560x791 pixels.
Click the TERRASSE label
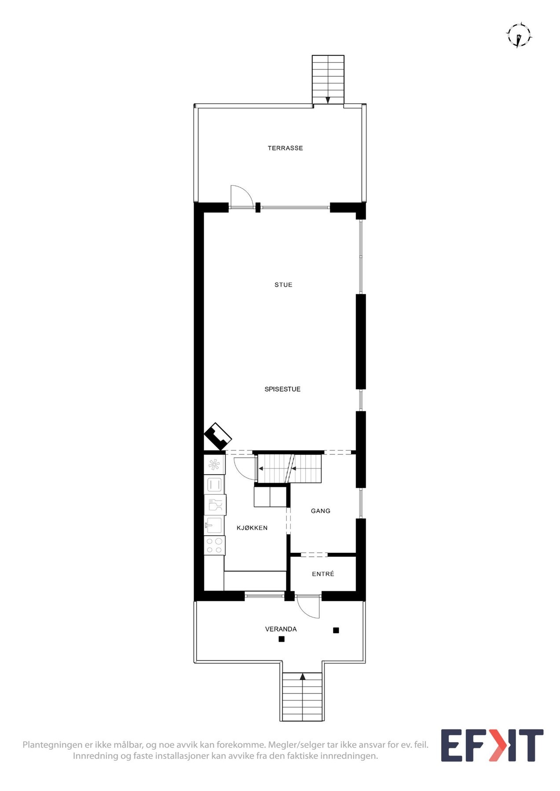[285, 148]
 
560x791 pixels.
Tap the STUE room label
[283, 285]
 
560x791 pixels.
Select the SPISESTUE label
[282, 389]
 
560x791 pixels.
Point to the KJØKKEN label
[252, 528]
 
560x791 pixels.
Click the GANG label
[320, 511]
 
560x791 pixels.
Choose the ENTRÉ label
[323, 574]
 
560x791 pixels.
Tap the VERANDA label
[281, 629]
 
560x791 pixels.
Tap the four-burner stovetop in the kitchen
[215, 545]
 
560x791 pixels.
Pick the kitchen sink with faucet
[214, 525]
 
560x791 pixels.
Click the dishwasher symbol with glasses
[215, 505]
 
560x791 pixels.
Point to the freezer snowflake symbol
[214, 464]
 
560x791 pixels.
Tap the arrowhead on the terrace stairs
[328, 100]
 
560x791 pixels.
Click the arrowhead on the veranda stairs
[302, 677]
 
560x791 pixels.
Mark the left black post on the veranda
[282, 639]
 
